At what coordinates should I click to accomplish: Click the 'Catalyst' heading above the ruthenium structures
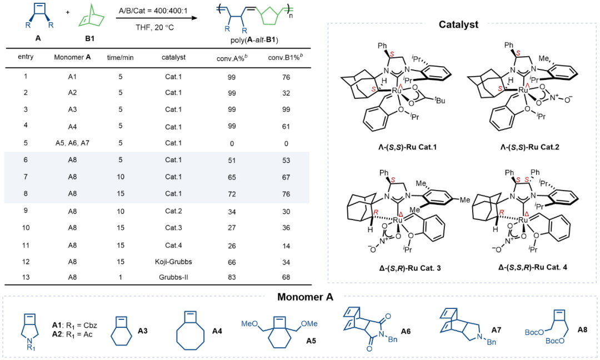pyautogui.click(x=458, y=25)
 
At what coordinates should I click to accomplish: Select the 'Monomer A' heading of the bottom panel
pyautogui.click(x=305, y=297)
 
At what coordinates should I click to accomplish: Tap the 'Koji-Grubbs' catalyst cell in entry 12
pyautogui.click(x=173, y=262)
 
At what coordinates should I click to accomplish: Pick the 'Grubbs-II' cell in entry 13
pyautogui.click(x=173, y=277)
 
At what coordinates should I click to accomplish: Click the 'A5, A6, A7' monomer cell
pyautogui.click(x=72, y=143)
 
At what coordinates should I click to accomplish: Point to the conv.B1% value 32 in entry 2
pyautogui.click(x=286, y=93)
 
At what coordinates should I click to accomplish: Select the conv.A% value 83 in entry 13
pyautogui.click(x=232, y=277)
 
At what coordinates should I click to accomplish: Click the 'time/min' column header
pyautogui.click(x=120, y=58)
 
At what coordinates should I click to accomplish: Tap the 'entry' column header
pyautogui.click(x=26, y=57)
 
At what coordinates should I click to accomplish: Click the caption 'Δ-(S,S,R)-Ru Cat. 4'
pyautogui.click(x=532, y=267)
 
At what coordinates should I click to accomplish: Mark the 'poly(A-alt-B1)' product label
pyautogui.click(x=254, y=40)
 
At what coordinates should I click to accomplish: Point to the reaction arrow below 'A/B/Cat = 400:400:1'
pyautogui.click(x=157, y=18)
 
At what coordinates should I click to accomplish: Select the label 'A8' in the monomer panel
pyautogui.click(x=582, y=330)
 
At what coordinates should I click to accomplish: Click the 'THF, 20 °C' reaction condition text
pyautogui.click(x=154, y=28)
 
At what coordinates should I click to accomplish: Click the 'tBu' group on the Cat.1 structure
pyautogui.click(x=439, y=101)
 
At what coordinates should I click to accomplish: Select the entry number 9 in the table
pyautogui.click(x=26, y=211)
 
